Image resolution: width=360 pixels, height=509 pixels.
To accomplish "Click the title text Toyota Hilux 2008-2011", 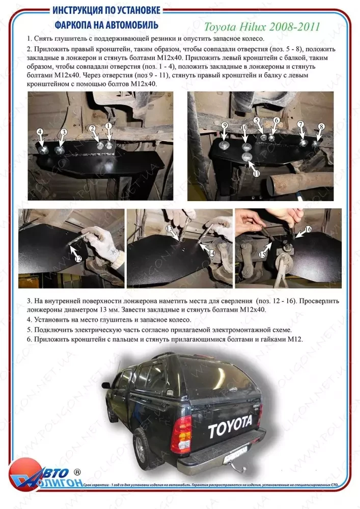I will (x=262, y=26).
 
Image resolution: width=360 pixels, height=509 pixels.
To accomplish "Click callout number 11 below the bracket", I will (x=256, y=174).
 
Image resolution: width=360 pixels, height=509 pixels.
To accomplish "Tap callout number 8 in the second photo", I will (x=321, y=126).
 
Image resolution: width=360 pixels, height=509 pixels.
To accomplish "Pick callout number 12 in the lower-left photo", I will (x=78, y=259).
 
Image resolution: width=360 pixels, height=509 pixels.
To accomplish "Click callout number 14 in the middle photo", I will (x=212, y=252).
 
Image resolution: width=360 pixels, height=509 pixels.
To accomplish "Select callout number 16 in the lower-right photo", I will (x=308, y=230).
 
